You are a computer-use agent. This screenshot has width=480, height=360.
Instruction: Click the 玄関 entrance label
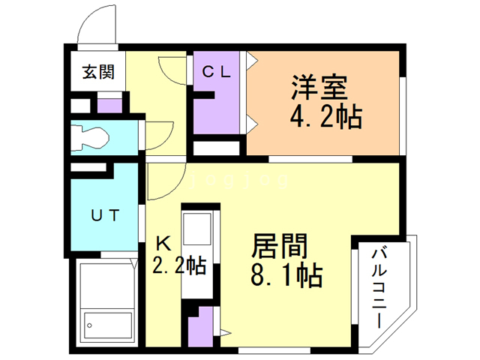pos(98,73)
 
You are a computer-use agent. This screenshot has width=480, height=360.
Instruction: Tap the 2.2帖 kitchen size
pos(179,265)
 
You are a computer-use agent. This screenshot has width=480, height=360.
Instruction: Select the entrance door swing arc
pos(98,26)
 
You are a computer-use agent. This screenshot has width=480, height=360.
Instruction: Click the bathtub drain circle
pos(89,326)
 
